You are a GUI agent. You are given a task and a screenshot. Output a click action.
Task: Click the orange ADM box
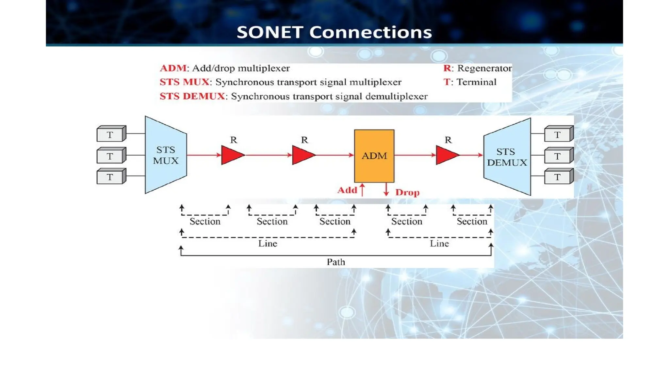coord(374,156)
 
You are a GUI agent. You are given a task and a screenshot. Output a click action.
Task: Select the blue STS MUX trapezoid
coord(166,155)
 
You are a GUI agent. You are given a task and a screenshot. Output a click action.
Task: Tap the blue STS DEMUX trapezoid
coord(507,157)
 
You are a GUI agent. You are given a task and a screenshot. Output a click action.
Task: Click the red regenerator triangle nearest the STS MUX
coord(231,155)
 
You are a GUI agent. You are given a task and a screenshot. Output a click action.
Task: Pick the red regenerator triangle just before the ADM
coord(302,155)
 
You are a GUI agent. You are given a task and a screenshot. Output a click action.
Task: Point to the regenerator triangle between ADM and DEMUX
coord(446,155)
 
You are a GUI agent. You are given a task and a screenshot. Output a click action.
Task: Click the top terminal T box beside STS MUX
coord(110,134)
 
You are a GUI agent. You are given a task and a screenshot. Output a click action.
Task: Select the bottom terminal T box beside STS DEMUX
coord(558,177)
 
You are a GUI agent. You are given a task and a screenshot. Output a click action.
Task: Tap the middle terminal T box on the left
coord(110,156)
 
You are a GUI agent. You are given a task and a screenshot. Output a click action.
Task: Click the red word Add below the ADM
coord(347,190)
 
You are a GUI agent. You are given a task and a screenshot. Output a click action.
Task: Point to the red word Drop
coord(407,193)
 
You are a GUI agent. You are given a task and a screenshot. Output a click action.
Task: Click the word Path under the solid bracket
coord(336,262)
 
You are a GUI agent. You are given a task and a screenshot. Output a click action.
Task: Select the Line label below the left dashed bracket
coord(268,243)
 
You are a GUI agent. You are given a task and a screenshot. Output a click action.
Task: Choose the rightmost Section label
coord(472,222)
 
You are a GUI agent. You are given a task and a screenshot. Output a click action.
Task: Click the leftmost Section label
coord(205,222)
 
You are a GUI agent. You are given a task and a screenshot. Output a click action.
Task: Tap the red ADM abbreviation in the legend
coord(173,68)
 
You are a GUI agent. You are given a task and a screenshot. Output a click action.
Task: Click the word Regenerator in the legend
coord(484,68)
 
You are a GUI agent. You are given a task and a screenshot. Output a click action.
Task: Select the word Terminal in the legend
coord(476,82)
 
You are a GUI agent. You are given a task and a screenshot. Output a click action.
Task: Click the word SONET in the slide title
coord(269,32)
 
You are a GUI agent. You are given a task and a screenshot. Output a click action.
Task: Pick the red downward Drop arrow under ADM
coord(386,189)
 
